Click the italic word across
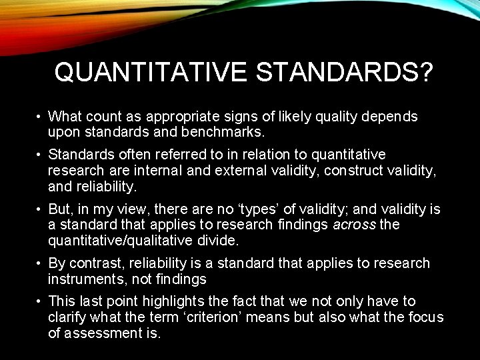tap(354, 225)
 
